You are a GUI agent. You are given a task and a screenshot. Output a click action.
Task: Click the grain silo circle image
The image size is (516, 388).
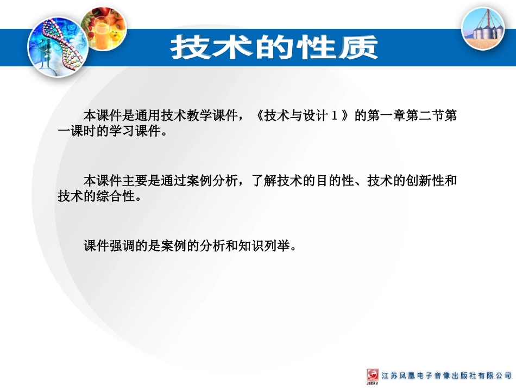pyautogui.click(x=483, y=28)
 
